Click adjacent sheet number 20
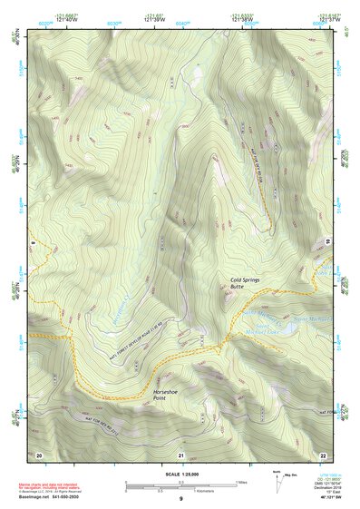tap(39, 454)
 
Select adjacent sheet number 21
tap(181, 454)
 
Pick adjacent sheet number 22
tap(323, 454)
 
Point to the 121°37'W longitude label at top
tap(328, 22)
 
